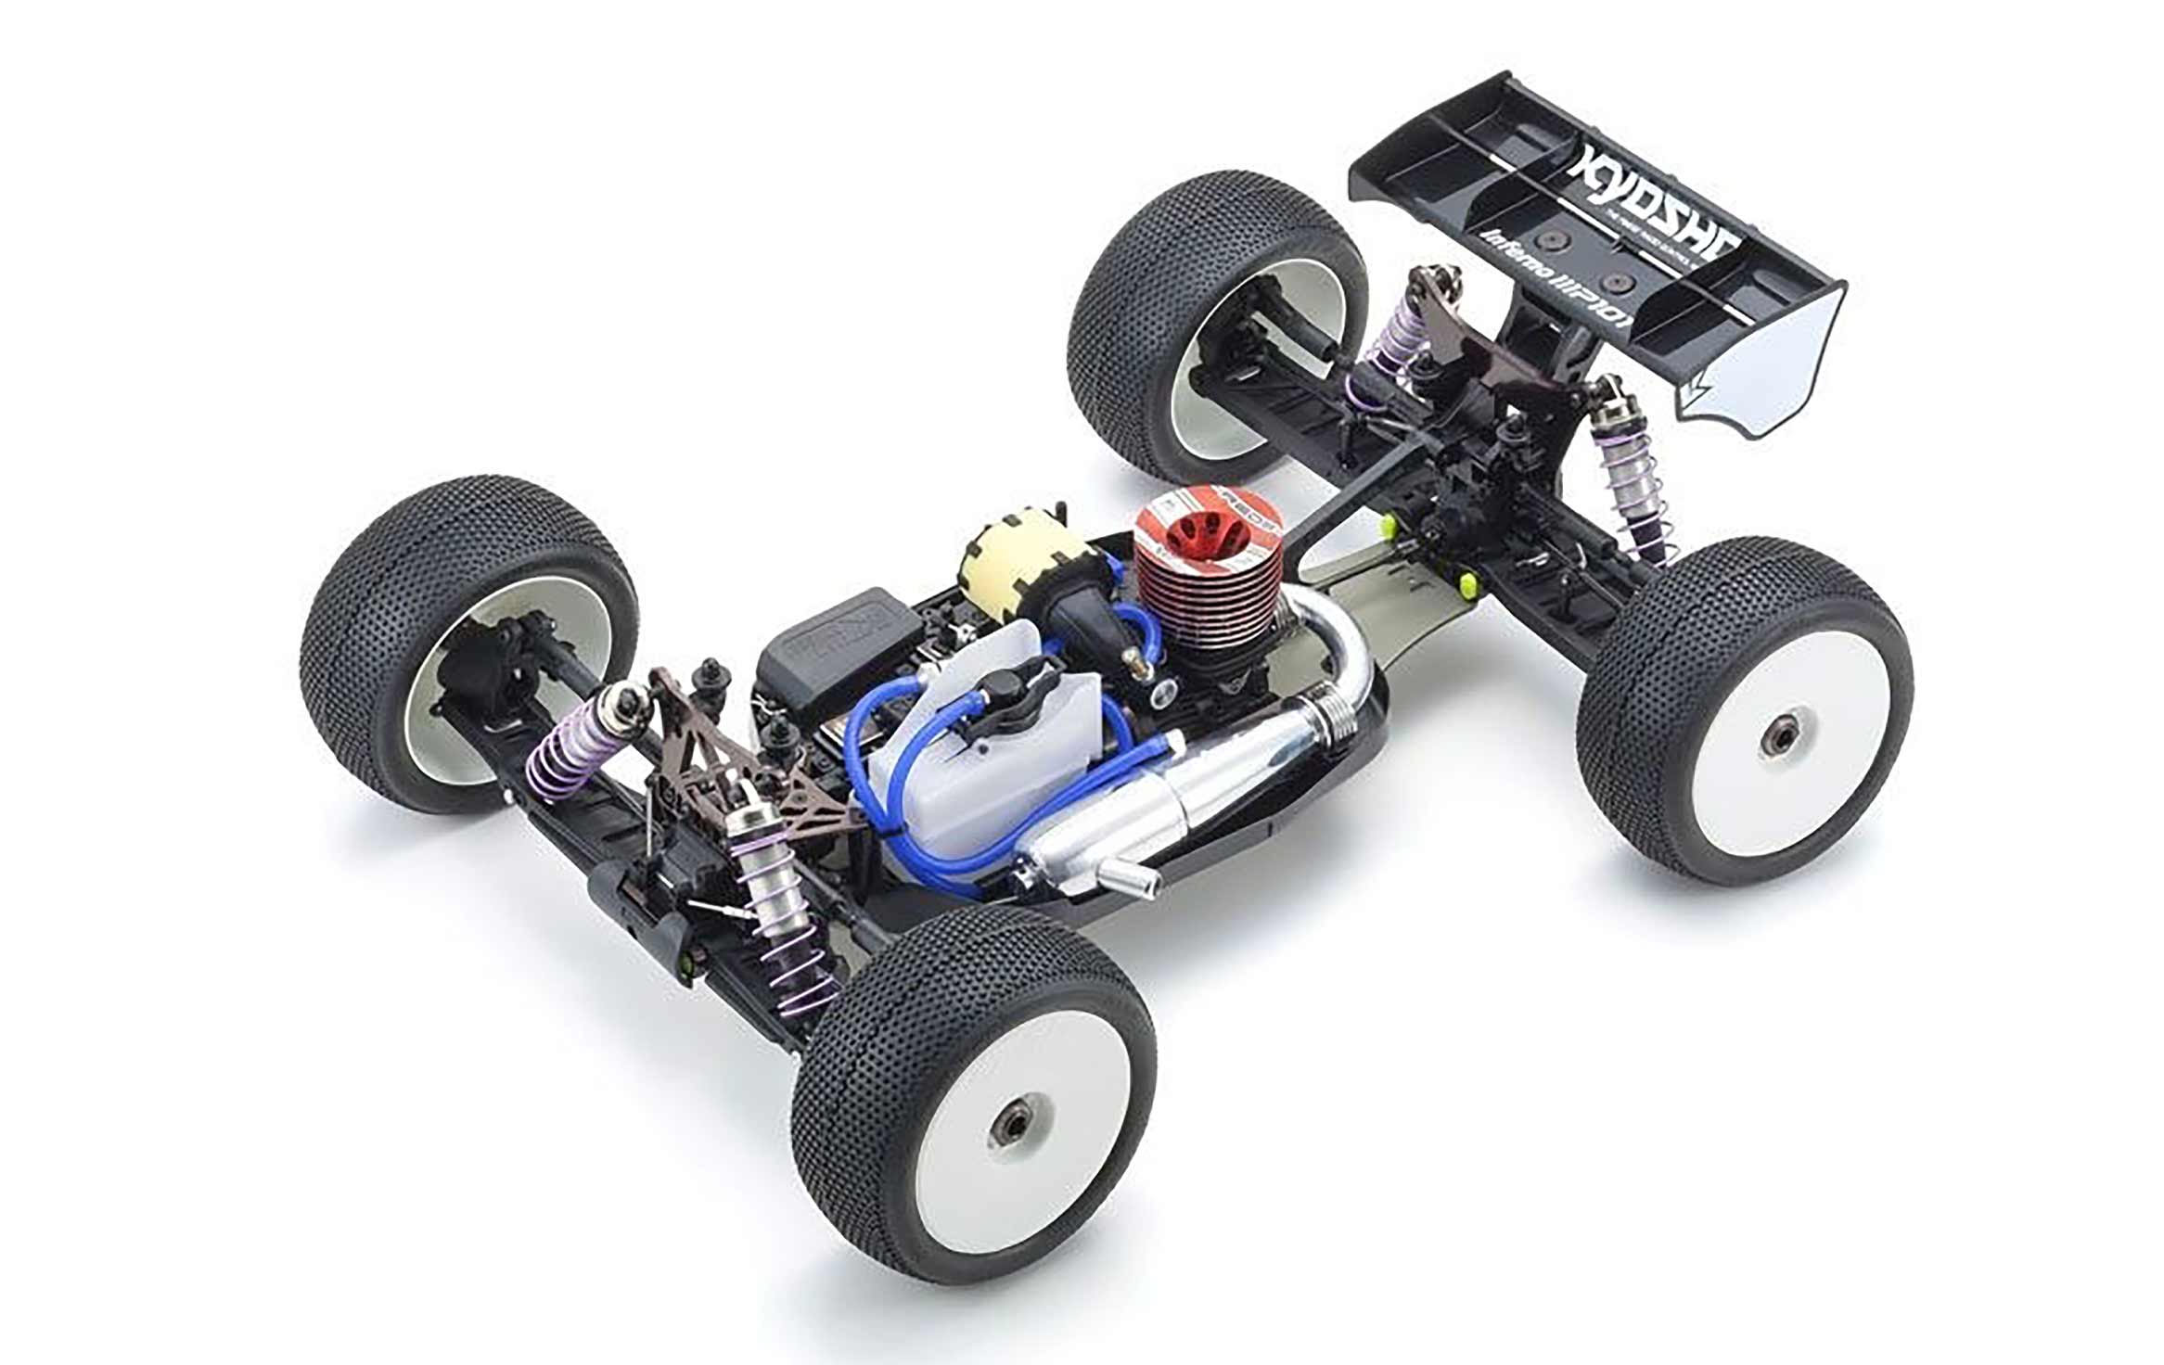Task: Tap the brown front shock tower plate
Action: (x=705, y=751)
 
